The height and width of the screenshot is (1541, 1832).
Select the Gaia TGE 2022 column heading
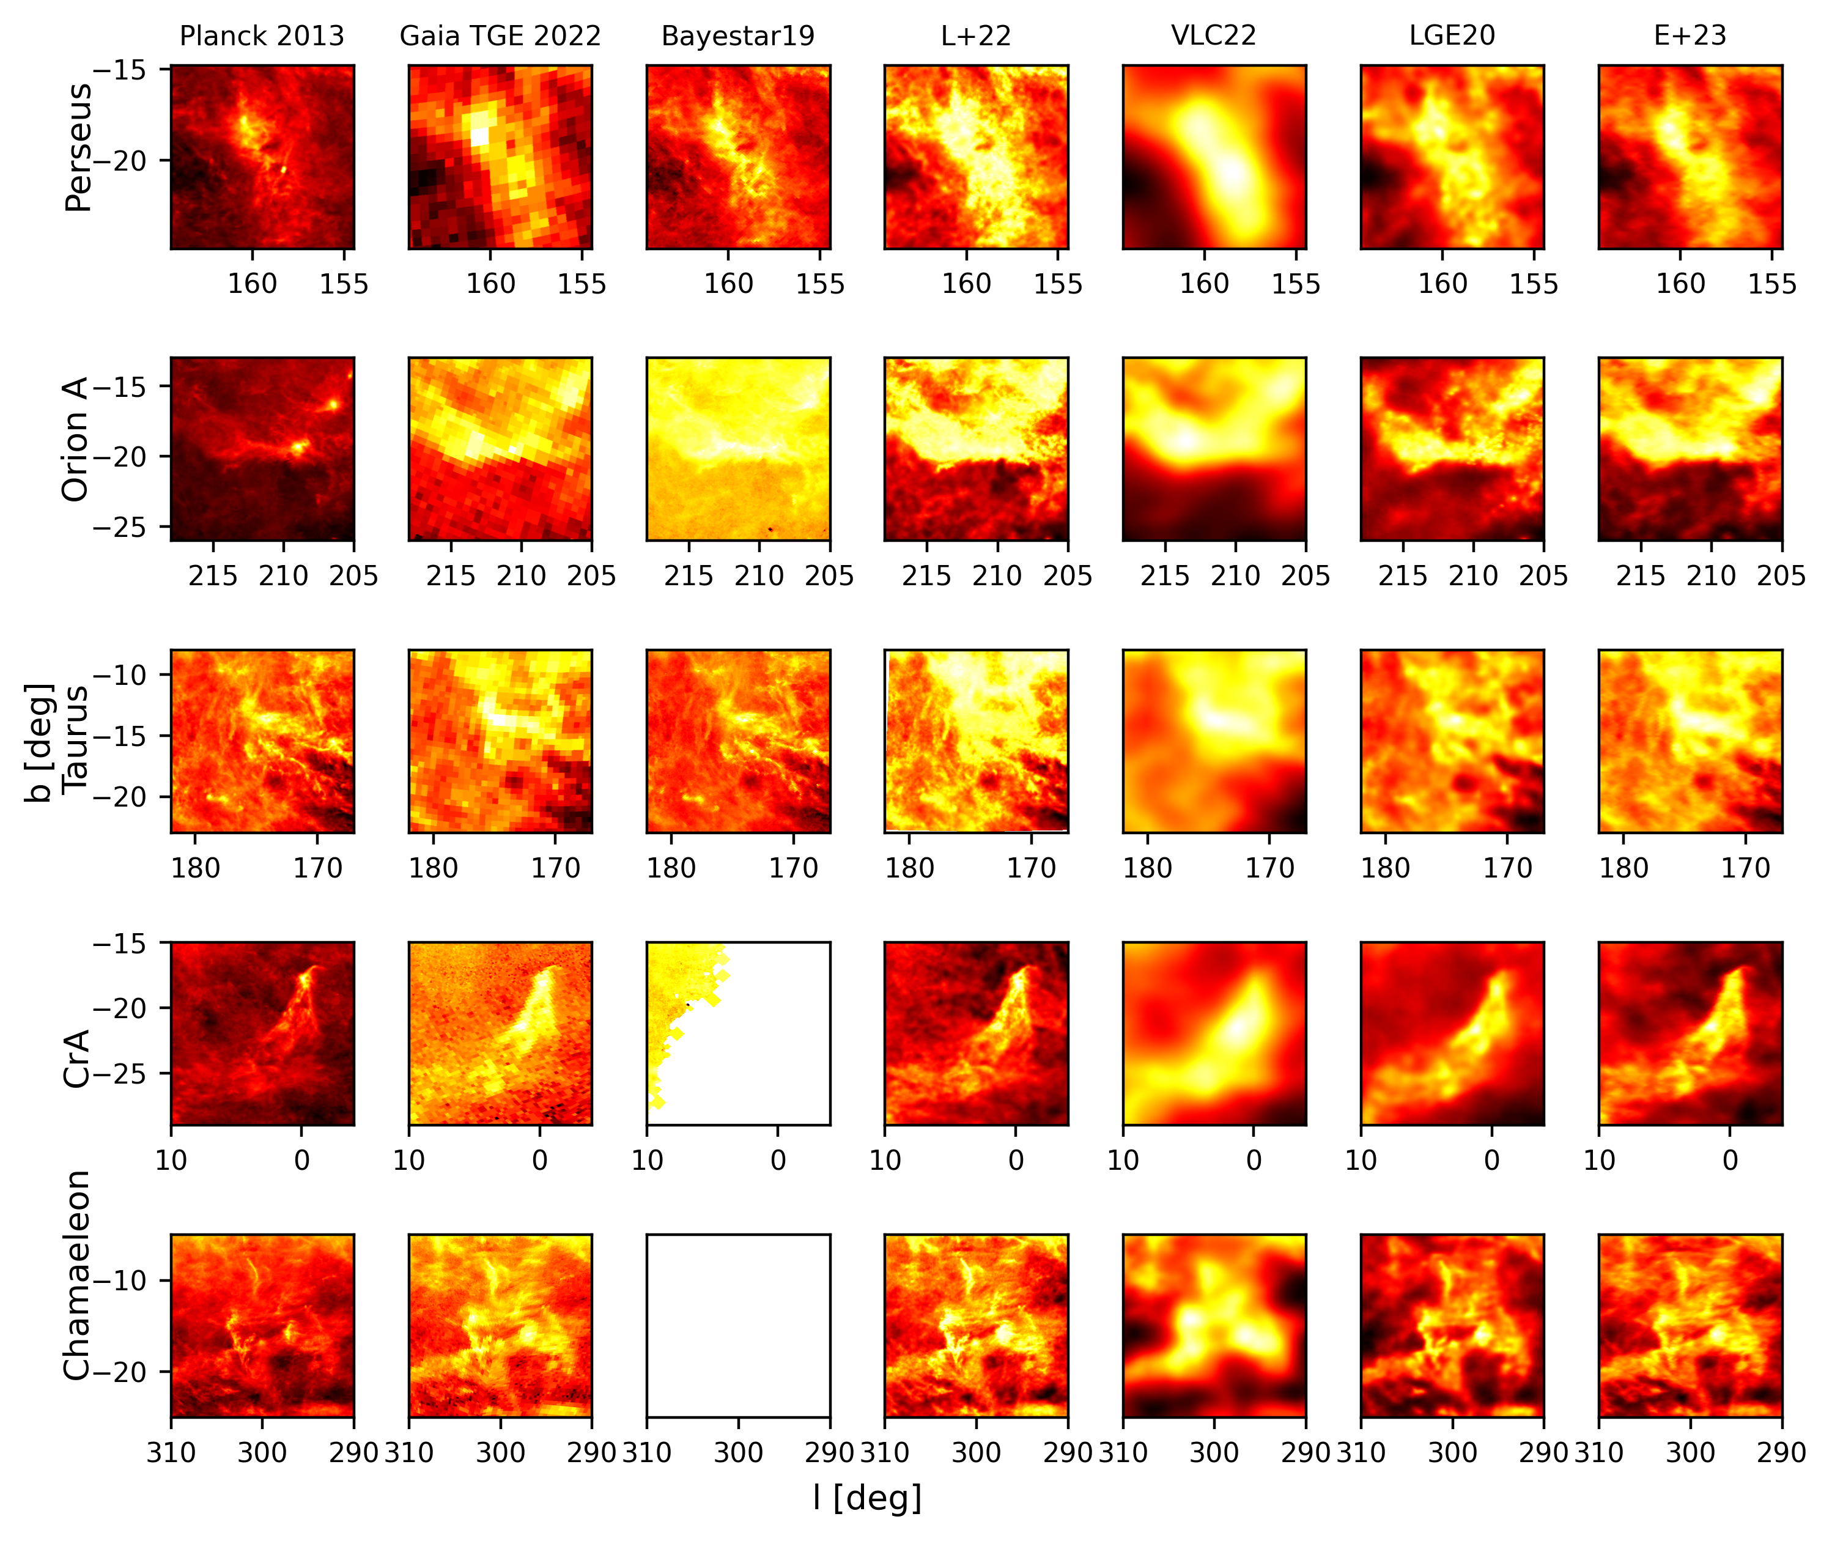point(500,36)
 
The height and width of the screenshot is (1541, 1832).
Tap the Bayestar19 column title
point(737,36)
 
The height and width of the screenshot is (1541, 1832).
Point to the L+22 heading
point(976,36)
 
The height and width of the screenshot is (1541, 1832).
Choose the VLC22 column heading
point(1213,36)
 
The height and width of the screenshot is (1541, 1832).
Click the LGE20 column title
point(1452,36)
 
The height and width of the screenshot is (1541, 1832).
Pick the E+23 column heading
point(1690,36)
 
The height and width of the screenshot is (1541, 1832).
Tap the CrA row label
point(77,1058)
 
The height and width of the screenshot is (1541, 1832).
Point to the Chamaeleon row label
point(77,1276)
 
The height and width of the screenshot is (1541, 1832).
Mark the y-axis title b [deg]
point(39,742)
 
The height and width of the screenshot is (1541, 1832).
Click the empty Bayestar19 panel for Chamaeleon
point(738,1325)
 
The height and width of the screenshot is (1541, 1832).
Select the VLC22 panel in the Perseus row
point(1213,157)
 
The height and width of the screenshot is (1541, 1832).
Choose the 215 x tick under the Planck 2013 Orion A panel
point(213,575)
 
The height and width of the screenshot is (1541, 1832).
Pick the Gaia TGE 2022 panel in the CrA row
point(500,1033)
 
